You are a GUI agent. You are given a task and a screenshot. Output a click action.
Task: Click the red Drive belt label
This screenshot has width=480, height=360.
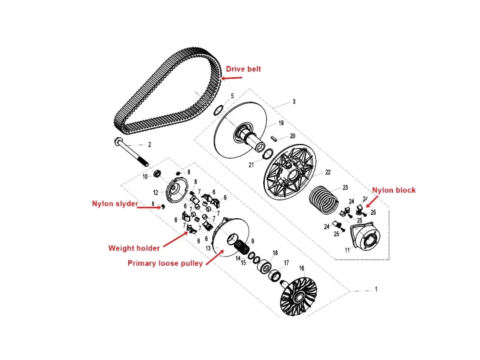(244, 69)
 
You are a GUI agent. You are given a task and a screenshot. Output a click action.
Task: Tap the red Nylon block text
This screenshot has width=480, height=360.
(394, 190)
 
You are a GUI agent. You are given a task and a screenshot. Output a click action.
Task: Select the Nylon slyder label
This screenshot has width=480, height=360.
(115, 204)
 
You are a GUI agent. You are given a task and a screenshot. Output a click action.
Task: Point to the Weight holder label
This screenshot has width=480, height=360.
(134, 248)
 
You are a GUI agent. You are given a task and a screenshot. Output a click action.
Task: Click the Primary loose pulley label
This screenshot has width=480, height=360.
(165, 263)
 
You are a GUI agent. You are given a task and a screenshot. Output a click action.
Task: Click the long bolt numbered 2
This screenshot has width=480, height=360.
(131, 152)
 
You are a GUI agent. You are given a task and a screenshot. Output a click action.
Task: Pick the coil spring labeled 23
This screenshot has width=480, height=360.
(324, 199)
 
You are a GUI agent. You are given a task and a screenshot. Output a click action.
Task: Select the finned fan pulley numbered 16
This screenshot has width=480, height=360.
(298, 296)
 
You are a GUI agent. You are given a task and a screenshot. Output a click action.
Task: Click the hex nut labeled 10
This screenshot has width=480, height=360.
(157, 174)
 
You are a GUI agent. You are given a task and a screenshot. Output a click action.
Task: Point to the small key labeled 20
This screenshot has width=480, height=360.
(274, 138)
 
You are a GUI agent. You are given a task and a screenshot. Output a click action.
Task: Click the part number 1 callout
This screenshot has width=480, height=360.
(376, 289)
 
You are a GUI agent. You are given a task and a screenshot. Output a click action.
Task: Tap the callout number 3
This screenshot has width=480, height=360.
(294, 101)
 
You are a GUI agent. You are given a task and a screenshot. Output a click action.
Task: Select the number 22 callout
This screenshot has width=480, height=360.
(328, 173)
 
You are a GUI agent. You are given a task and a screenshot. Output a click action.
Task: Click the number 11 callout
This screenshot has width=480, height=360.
(347, 250)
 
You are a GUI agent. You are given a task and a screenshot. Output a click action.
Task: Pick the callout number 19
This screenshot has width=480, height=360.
(281, 123)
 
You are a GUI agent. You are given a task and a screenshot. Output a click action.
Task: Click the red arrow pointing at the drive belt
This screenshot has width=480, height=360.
(232, 78)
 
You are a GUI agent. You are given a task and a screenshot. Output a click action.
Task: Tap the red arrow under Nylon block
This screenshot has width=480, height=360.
(372, 201)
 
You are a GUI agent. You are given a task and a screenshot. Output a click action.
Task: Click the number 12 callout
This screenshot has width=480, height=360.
(156, 193)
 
